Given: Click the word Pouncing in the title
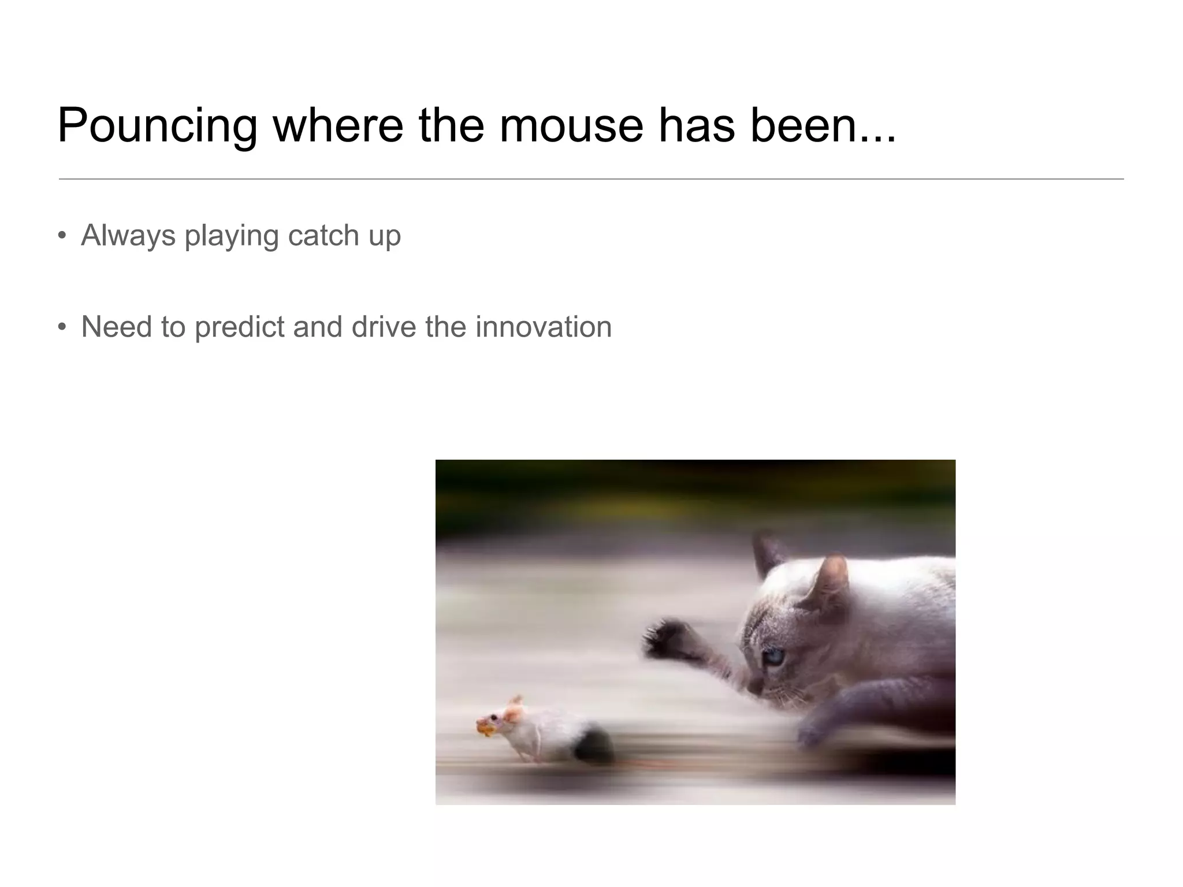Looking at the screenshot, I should pos(157,126).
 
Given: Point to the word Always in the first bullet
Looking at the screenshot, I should pos(128,236).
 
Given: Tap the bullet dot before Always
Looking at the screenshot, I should pos(62,236).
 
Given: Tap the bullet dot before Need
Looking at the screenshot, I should pos(62,327).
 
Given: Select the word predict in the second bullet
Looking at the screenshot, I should pos(239,327).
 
